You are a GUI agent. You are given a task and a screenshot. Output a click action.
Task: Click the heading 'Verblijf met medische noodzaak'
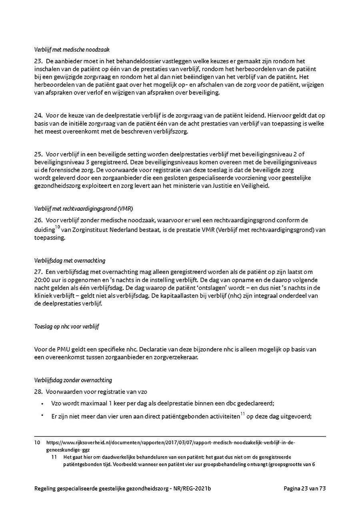(x=72, y=50)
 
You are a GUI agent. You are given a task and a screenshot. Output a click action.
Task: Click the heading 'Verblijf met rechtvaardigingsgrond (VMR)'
(x=84, y=208)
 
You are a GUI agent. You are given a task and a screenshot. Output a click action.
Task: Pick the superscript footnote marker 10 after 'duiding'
(x=57, y=228)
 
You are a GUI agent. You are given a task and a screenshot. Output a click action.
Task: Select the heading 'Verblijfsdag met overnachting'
(x=70, y=261)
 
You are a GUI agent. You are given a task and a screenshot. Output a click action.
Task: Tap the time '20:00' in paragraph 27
(x=42, y=280)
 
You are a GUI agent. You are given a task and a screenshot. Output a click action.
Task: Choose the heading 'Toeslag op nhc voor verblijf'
(x=67, y=326)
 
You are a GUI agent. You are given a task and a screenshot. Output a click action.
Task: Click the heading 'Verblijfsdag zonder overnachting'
(x=73, y=380)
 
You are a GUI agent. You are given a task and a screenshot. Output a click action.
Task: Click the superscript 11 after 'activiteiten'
(x=243, y=414)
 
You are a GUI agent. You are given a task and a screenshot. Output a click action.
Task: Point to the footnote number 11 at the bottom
(x=55, y=457)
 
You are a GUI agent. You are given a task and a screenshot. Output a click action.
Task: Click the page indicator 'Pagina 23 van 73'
(x=305, y=488)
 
